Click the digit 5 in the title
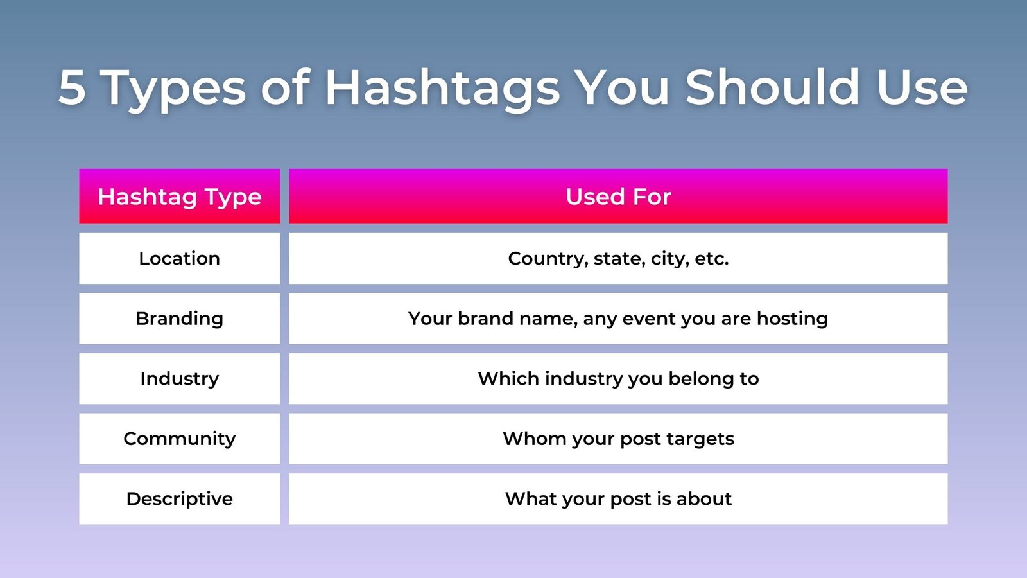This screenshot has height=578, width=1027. pyautogui.click(x=72, y=87)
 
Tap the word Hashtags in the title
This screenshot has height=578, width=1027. pyautogui.click(x=442, y=90)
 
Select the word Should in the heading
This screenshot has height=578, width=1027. pyautogui.click(x=772, y=87)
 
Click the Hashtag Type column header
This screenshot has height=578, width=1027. pyautogui.click(x=179, y=197)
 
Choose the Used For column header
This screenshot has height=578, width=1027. pyautogui.click(x=618, y=197)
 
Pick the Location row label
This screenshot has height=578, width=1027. pyautogui.click(x=179, y=258)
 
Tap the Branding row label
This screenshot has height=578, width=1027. pyautogui.click(x=179, y=319)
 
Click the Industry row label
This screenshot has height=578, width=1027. pyautogui.click(x=179, y=379)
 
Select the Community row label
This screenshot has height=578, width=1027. pyautogui.click(x=179, y=439)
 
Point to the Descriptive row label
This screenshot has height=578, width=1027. pyautogui.click(x=179, y=499)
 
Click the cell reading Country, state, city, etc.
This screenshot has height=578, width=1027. pyautogui.click(x=618, y=259)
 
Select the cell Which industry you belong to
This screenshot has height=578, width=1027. pyautogui.click(x=618, y=379)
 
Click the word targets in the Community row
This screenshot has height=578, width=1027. pyautogui.click(x=700, y=439)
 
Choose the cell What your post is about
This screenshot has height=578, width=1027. pyautogui.click(x=618, y=499)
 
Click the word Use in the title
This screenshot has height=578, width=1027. pyautogui.click(x=922, y=87)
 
